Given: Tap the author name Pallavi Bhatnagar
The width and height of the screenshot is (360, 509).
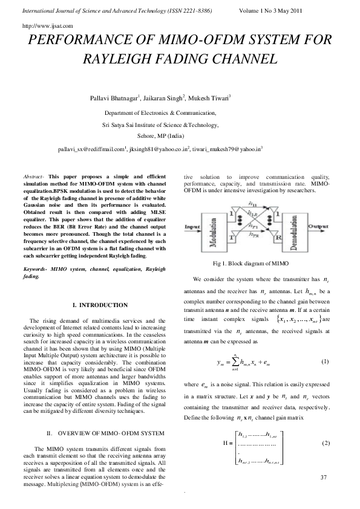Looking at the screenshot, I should pyautogui.click(x=114, y=97).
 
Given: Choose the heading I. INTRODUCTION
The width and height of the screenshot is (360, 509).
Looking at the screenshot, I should pyautogui.click(x=99, y=305).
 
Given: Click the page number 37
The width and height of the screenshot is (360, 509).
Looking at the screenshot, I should pyautogui.click(x=324, y=478).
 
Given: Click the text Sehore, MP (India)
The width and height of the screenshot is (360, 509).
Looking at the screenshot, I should pyautogui.click(x=161, y=135).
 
